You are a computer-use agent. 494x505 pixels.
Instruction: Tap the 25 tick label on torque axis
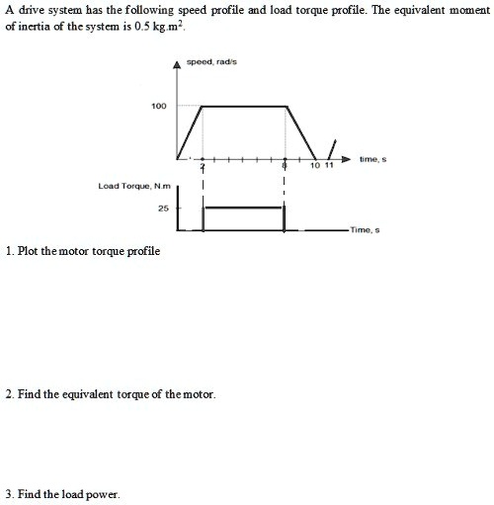(x=163, y=210)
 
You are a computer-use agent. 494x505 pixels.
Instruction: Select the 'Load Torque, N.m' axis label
(x=134, y=185)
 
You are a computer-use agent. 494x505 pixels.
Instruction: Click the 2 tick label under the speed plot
(x=203, y=168)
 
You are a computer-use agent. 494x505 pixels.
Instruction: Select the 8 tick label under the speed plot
(x=285, y=168)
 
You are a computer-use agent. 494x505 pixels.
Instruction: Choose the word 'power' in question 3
(x=102, y=494)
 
